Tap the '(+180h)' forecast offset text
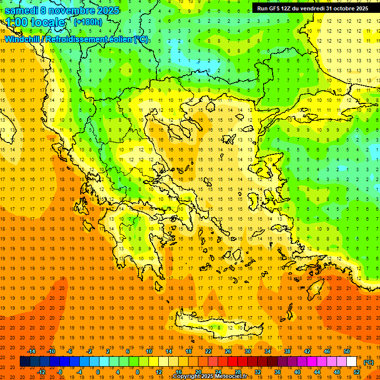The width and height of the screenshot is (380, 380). click(88, 22)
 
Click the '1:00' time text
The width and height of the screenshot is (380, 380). click(19, 22)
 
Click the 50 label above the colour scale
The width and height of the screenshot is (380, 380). click(346, 351)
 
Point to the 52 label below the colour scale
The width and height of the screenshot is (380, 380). click(357, 372)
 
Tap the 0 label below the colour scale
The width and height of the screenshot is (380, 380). click(97, 372)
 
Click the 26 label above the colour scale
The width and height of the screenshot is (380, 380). click(228, 351)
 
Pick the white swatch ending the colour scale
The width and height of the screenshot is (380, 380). click(351, 362)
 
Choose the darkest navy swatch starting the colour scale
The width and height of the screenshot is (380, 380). click(25, 362)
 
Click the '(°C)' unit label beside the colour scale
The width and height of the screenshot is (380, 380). click(369, 362)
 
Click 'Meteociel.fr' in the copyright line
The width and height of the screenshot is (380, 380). click(235, 377)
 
